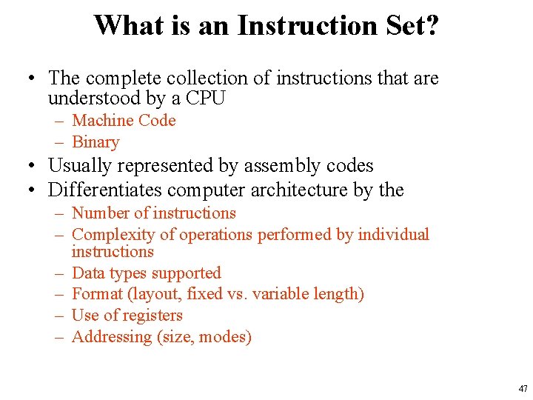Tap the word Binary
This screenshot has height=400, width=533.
[95, 142]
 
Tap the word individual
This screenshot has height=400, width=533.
[393, 235]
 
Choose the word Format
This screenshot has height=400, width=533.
[97, 294]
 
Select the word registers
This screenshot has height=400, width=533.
[153, 316]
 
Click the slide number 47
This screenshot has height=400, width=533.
[523, 389]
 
